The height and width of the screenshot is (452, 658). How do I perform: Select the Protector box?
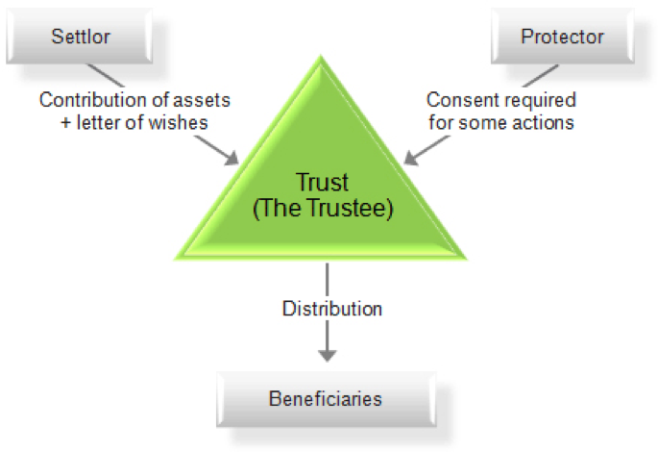pos(562,38)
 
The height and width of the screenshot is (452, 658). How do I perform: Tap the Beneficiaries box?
pos(325,397)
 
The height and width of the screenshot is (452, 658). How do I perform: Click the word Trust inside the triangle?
pos(323,181)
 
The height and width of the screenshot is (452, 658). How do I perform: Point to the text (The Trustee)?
pos(323,209)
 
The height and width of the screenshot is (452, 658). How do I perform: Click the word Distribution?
pos(331,309)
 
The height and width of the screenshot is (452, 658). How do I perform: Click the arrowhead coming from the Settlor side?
pos(232,158)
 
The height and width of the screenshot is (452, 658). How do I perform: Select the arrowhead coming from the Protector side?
pos(412,157)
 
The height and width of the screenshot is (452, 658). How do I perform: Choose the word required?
pos(542,100)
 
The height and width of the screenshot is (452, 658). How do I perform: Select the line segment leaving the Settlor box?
pos(107,76)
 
